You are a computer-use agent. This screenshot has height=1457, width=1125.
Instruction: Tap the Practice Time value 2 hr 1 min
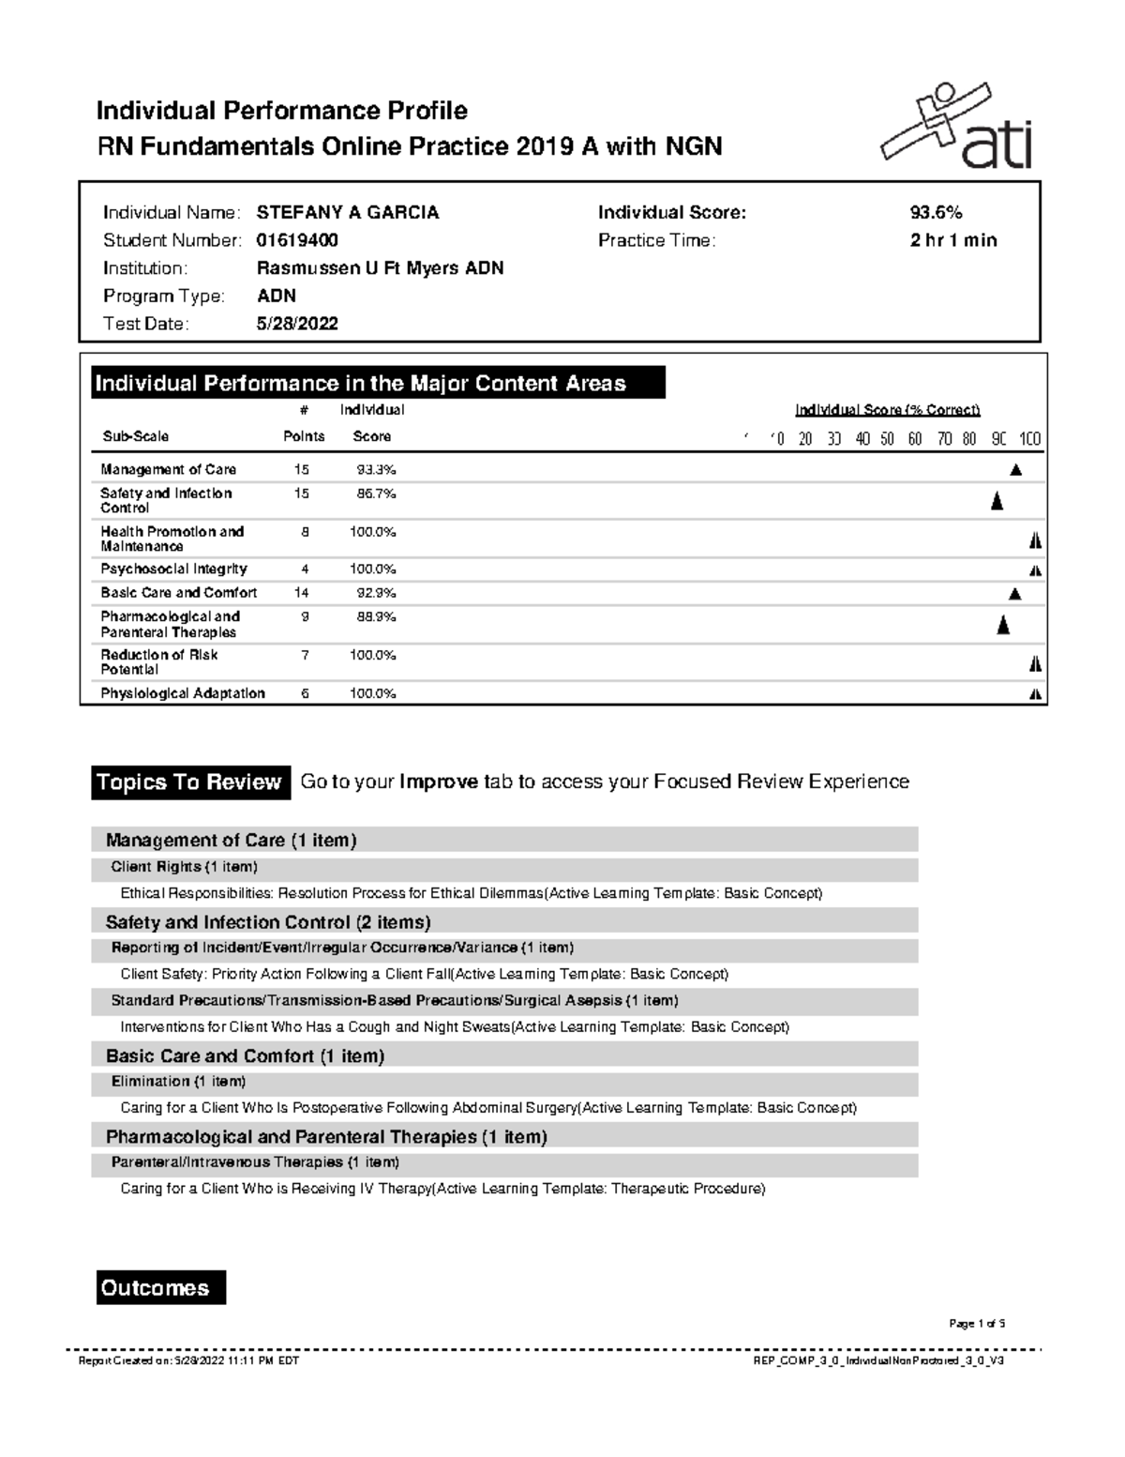pyautogui.click(x=952, y=240)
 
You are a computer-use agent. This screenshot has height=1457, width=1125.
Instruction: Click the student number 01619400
pyautogui.click(x=297, y=240)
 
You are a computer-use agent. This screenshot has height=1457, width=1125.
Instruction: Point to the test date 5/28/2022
pyautogui.click(x=297, y=324)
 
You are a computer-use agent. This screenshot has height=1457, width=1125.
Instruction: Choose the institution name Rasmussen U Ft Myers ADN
pyautogui.click(x=380, y=268)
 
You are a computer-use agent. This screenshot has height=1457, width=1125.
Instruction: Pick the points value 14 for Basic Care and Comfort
pyautogui.click(x=301, y=593)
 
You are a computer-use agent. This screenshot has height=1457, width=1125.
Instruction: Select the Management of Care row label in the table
pyautogui.click(x=169, y=469)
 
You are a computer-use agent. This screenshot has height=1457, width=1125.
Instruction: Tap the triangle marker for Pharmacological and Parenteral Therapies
pyautogui.click(x=1003, y=626)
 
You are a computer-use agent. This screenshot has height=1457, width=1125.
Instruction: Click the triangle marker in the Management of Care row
pyautogui.click(x=1015, y=470)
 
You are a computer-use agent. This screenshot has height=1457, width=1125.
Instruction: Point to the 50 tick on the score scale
pyautogui.click(x=887, y=439)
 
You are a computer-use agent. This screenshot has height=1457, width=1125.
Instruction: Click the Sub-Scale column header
pyautogui.click(x=136, y=436)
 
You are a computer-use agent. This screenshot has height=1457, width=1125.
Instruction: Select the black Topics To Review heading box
pyautogui.click(x=189, y=782)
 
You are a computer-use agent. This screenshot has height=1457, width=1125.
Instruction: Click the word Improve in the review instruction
pyautogui.click(x=439, y=782)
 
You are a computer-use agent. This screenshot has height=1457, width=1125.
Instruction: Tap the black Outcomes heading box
pyautogui.click(x=161, y=1288)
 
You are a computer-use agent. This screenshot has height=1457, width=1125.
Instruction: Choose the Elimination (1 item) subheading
pyautogui.click(x=178, y=1082)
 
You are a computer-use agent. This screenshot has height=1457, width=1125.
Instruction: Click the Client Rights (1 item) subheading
pyautogui.click(x=184, y=867)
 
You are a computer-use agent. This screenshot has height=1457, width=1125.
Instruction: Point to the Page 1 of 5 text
pyautogui.click(x=977, y=1324)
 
